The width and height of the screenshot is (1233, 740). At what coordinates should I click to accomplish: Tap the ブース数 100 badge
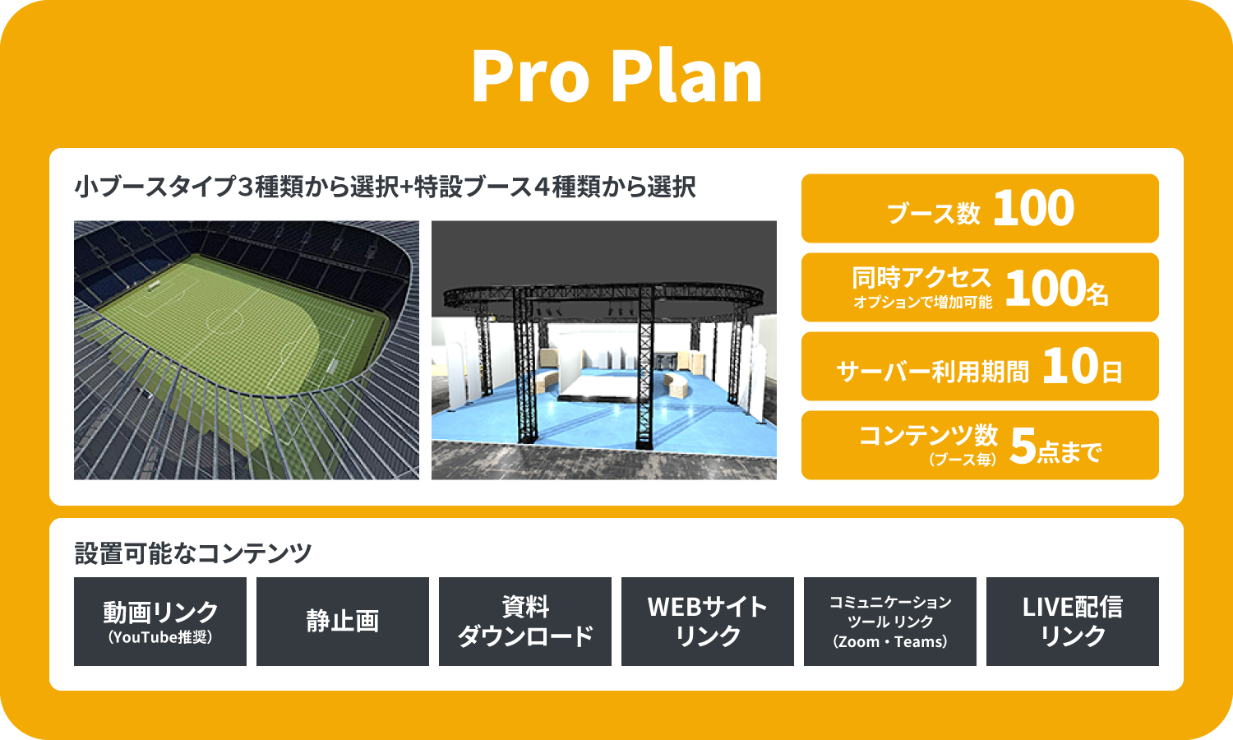coord(980,208)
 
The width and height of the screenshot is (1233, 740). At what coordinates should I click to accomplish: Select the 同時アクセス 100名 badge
coord(980,287)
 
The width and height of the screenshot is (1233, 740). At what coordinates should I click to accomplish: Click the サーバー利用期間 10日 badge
coord(980,366)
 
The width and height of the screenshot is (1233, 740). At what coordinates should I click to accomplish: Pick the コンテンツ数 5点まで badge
coord(980,445)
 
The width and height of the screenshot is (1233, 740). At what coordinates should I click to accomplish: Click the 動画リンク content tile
coord(160,622)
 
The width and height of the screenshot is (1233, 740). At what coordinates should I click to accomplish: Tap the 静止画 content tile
coord(343,622)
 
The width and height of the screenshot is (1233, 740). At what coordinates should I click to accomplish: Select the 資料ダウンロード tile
coord(525,622)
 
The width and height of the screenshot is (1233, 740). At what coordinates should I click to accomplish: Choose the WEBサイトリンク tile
coord(707,622)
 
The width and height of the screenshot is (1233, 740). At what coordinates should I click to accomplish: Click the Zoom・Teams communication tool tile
coord(890,622)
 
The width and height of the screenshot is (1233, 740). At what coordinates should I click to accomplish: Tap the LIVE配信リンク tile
coord(1072,622)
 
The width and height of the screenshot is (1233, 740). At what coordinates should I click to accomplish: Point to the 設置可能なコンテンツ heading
coord(193,553)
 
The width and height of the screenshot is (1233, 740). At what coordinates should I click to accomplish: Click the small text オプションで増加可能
coord(923,303)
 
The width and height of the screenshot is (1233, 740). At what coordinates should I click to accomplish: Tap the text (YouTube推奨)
coord(160,637)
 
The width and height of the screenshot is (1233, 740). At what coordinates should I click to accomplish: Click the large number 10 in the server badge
coord(1070,366)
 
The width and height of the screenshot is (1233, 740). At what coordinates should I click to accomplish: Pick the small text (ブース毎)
coord(963,459)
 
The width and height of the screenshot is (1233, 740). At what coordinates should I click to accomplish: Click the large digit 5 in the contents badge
coord(1023,446)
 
